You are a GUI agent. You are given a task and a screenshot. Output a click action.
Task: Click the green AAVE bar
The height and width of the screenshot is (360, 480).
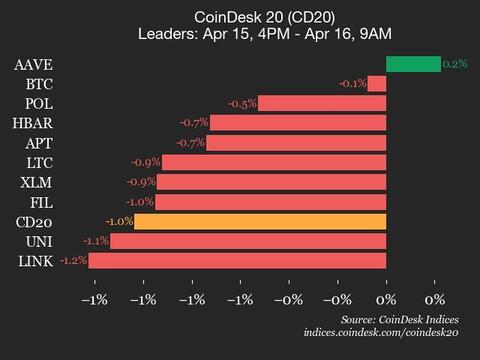point(413,64)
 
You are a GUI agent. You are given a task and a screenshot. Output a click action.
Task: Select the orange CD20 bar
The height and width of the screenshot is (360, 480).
point(260,221)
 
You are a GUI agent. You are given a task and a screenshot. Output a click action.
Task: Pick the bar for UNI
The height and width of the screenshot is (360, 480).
point(248,241)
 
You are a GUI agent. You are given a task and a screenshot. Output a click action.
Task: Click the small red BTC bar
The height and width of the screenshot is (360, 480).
point(377,83)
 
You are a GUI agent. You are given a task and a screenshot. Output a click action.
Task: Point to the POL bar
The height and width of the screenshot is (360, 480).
point(322,103)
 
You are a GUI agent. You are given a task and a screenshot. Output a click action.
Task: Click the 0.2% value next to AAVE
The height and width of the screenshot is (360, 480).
point(455,64)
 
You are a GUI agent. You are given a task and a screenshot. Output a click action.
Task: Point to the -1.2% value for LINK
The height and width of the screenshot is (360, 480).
point(74,261)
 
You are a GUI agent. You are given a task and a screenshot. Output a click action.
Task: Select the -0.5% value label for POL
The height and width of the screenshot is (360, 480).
point(243,103)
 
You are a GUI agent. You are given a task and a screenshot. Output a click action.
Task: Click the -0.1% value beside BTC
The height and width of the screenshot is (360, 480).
point(353,83)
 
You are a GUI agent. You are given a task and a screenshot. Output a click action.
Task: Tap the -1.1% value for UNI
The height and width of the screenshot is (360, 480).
point(96,241)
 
